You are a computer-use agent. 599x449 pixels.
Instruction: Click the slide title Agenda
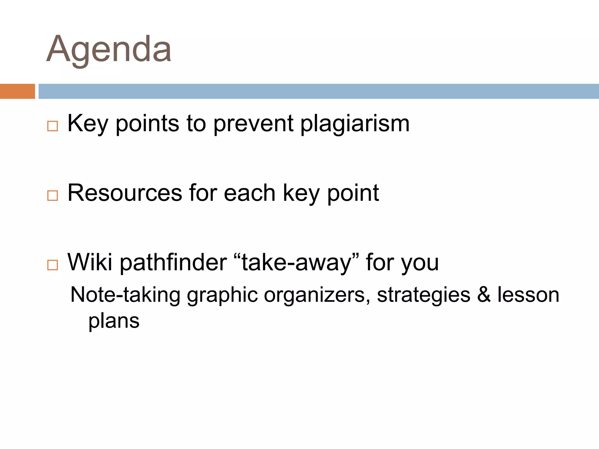pyautogui.click(x=109, y=50)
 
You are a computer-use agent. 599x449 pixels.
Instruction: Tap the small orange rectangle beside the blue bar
pyautogui.click(x=17, y=91)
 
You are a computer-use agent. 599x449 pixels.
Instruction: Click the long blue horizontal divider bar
pyautogui.click(x=319, y=91)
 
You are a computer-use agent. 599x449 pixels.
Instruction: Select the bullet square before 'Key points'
pyautogui.click(x=52, y=126)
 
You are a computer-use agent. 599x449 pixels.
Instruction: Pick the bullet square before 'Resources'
pyautogui.click(x=52, y=195)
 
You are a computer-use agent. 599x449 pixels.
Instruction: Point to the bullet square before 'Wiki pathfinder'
pyautogui.click(x=52, y=265)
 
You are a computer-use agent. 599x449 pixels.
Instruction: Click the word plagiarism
pyautogui.click(x=355, y=124)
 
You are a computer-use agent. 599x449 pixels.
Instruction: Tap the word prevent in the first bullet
pyautogui.click(x=253, y=124)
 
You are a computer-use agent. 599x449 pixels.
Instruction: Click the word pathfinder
pyautogui.click(x=173, y=262)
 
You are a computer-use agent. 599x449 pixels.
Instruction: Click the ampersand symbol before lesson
pyautogui.click(x=484, y=295)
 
